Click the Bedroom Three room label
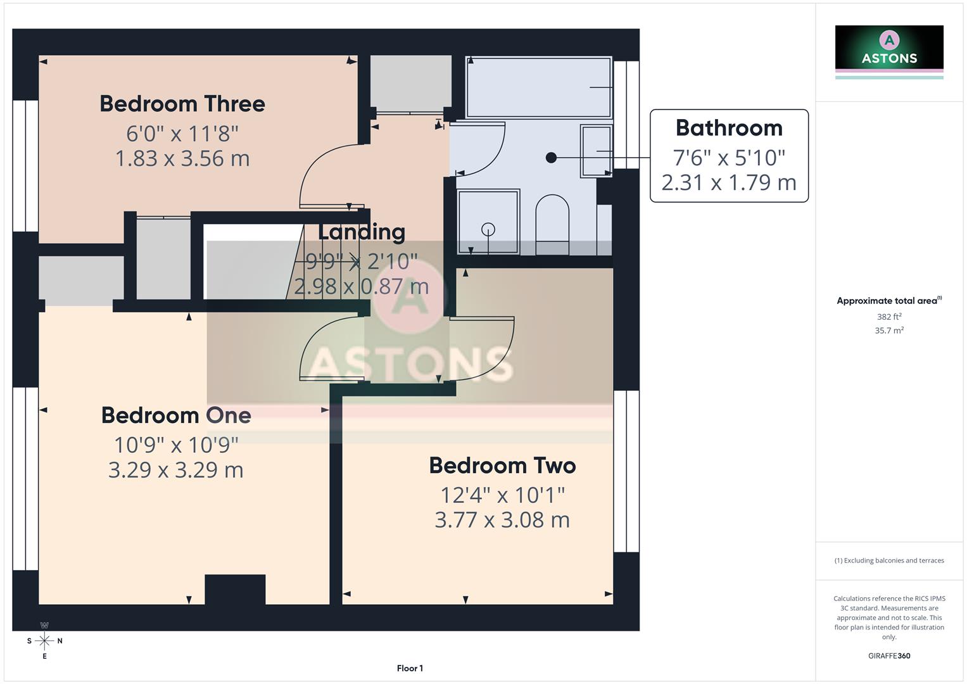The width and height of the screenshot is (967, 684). pyautogui.click(x=182, y=104)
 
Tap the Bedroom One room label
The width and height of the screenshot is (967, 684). pyautogui.click(x=176, y=415)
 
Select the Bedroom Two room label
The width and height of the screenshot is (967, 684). pyautogui.click(x=502, y=465)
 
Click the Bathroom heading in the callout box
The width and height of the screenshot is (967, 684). pyautogui.click(x=729, y=128)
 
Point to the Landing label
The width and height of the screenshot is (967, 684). pyautogui.click(x=361, y=232)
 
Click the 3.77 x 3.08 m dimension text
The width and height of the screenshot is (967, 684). pyautogui.click(x=502, y=520)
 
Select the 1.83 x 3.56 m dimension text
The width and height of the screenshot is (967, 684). pyautogui.click(x=182, y=158)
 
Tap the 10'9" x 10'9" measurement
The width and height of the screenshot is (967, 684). pyautogui.click(x=176, y=445)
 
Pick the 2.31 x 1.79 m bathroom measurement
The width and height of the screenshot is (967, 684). pyautogui.click(x=729, y=182)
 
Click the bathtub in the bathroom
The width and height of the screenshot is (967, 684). pyautogui.click(x=538, y=87)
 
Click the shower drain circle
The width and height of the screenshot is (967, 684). pyautogui.click(x=488, y=229)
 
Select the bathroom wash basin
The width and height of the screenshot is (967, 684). pyautogui.click(x=596, y=151)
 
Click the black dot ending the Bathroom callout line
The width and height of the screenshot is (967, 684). pyautogui.click(x=551, y=158)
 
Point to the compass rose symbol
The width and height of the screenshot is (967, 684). pyautogui.click(x=44, y=641)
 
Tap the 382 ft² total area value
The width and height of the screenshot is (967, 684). pyautogui.click(x=889, y=317)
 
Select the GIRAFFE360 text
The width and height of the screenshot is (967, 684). pyautogui.click(x=889, y=656)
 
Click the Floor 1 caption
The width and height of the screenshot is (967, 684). pyautogui.click(x=410, y=668)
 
